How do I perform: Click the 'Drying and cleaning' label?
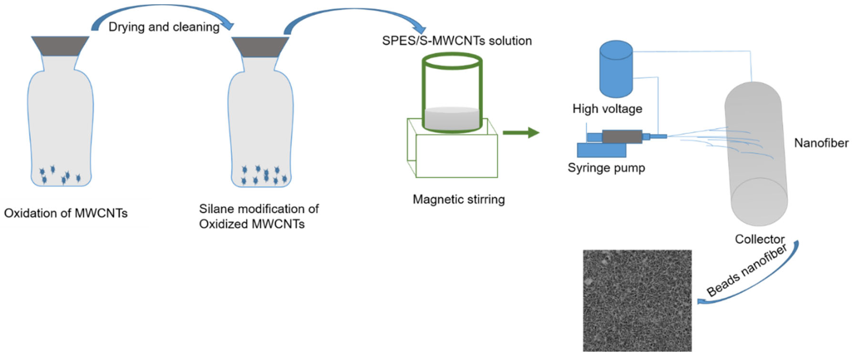coord(164,27)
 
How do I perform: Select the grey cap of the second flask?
coord(260,47)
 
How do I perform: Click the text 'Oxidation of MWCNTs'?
coord(66,213)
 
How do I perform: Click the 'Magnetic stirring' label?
coord(459,199)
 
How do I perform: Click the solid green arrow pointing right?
coord(521,133)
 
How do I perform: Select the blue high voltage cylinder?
coord(616,69)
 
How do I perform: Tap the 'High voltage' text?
coord(607,109)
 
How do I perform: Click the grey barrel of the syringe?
coord(622,137)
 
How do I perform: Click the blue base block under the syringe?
coord(601,150)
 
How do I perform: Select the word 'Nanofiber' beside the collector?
coord(821,143)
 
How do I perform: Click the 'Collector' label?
coord(759,239)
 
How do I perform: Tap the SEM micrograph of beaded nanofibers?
coord(637,300)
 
